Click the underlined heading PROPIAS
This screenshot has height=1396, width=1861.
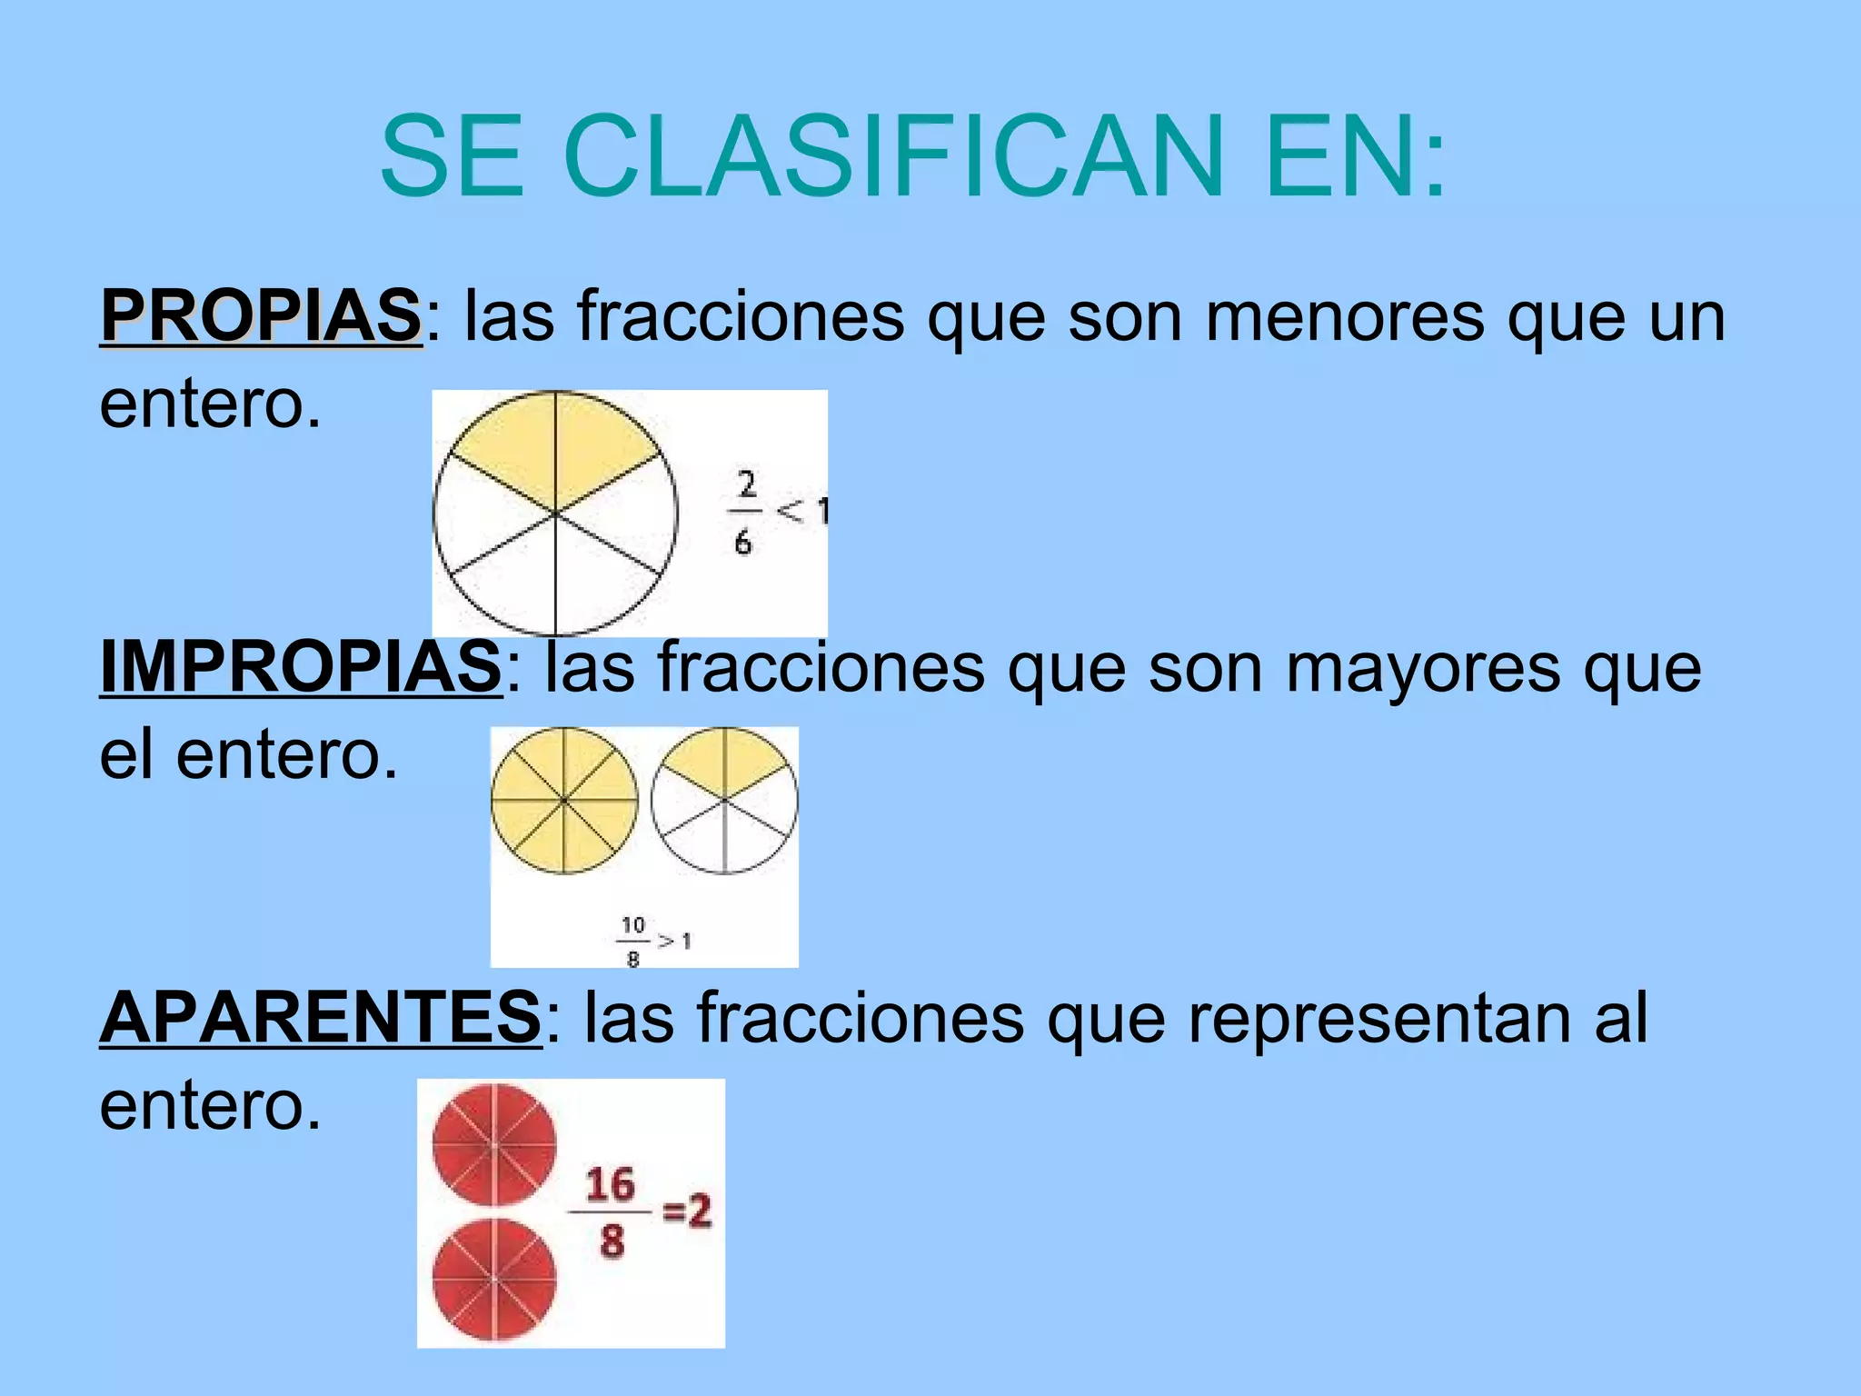point(261,315)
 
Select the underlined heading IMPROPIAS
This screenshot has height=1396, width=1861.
point(300,666)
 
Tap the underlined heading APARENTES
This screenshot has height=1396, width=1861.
point(321,1017)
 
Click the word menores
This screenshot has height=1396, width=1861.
point(1344,317)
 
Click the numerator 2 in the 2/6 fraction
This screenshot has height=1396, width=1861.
point(747,484)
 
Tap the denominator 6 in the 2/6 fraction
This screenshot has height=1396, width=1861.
point(743,543)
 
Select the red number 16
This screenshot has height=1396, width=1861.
point(610,1184)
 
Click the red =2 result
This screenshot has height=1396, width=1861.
point(687,1211)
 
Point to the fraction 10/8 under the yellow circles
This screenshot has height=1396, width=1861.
point(633,941)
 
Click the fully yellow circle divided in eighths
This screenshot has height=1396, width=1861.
point(564,801)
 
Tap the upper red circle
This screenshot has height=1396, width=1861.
point(494,1145)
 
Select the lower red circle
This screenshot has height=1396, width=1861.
point(494,1280)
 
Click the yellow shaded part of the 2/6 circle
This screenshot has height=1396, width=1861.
point(555,445)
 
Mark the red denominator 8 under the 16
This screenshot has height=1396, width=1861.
point(612,1241)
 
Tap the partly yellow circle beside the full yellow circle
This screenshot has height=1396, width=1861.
point(724,801)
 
